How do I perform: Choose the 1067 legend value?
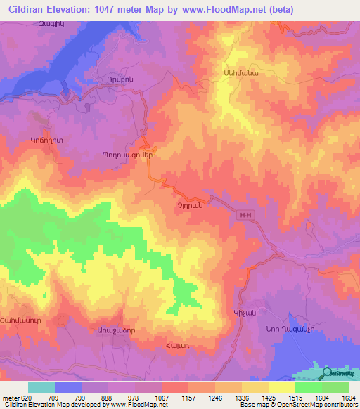[x=162, y=398]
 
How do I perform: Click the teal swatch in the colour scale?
[x=41, y=387]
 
